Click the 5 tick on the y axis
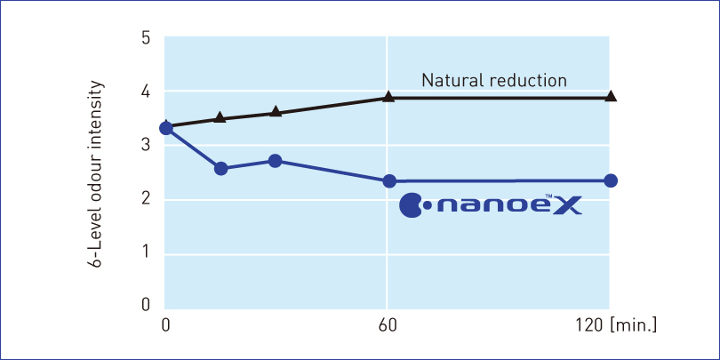(146, 38)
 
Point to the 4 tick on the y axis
(146, 92)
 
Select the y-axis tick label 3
(146, 146)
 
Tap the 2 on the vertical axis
(146, 199)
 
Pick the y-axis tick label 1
(146, 252)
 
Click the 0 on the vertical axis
(146, 306)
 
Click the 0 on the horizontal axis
(165, 325)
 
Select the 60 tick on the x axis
(388, 325)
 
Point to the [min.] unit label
(634, 325)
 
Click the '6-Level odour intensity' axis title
(97, 173)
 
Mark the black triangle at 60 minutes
(388, 96)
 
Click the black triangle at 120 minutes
(611, 96)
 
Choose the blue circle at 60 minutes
(388, 181)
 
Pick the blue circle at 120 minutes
(611, 180)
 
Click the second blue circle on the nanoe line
(221, 168)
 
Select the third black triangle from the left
(276, 112)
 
